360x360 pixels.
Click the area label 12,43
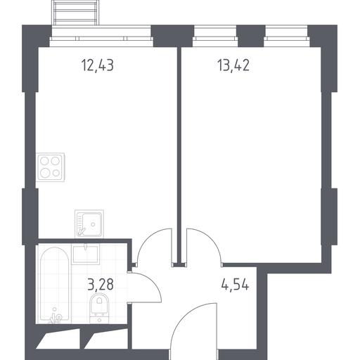point(98,65)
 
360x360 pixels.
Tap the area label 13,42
point(233,65)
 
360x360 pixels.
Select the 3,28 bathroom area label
point(101,285)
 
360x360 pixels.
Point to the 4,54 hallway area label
point(235,285)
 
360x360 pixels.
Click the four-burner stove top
point(51,167)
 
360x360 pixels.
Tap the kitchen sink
point(89,224)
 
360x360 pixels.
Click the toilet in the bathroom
point(99,309)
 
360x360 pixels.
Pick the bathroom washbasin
point(86,255)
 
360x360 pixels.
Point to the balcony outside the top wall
point(76,13)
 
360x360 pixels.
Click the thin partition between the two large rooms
point(179,155)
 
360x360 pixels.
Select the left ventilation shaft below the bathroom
point(58,338)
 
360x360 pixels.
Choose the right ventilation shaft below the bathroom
point(106,338)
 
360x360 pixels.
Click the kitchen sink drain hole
point(93,224)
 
